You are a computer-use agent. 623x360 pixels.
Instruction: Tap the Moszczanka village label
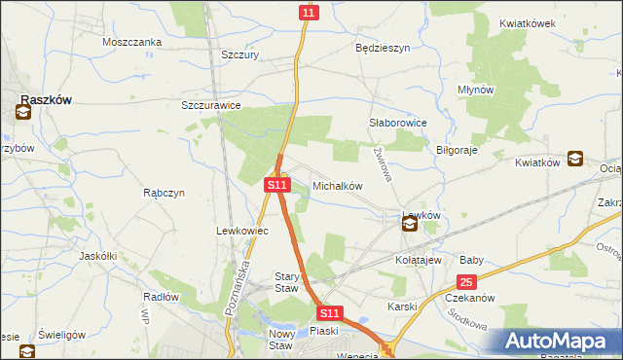(131, 42)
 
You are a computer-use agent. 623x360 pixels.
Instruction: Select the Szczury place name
(239, 55)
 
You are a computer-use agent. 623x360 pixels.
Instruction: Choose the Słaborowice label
(399, 124)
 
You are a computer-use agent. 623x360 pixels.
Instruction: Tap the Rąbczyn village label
(164, 192)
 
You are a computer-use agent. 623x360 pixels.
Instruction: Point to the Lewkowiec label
(235, 231)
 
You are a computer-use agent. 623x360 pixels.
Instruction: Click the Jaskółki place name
(97, 255)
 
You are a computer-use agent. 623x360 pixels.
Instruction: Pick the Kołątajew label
(419, 260)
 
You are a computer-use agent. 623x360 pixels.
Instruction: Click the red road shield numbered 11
(308, 13)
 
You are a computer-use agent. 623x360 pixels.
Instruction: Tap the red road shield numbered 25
(467, 282)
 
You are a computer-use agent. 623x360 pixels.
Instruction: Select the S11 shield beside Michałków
(277, 183)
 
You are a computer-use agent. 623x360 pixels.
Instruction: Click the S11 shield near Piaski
(330, 313)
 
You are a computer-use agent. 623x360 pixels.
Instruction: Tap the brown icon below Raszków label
(22, 113)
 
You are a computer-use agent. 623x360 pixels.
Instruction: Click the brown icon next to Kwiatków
(575, 158)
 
